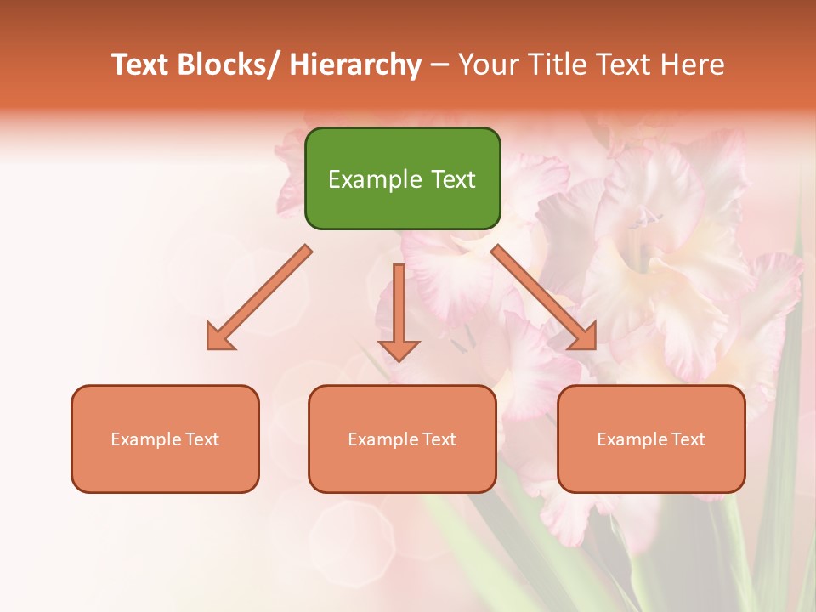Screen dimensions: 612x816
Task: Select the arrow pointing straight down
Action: tap(399, 306)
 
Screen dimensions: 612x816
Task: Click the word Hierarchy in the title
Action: tap(355, 65)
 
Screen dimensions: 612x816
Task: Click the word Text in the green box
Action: tap(452, 179)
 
